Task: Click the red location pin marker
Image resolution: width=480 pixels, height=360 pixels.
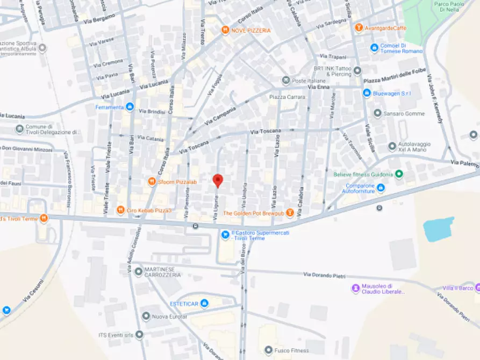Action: (x=217, y=181)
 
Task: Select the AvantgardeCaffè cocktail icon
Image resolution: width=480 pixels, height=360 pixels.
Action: (x=358, y=27)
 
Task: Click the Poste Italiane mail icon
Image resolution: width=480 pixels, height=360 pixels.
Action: (x=285, y=81)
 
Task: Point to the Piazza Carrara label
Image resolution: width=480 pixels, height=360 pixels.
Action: (x=287, y=97)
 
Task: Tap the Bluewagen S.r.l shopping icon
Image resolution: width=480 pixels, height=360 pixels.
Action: (x=367, y=93)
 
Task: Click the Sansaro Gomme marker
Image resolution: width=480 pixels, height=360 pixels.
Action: (x=377, y=113)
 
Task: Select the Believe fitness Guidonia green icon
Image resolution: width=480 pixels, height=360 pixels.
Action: (x=399, y=174)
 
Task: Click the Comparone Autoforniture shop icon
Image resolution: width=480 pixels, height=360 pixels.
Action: (x=381, y=188)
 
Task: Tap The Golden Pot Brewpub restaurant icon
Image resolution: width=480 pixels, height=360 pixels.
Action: (x=290, y=213)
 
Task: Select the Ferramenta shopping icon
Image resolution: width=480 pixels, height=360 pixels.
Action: (x=129, y=106)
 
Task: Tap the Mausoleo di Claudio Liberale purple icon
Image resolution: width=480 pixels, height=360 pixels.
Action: (x=355, y=289)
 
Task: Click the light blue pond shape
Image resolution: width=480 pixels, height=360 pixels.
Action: (x=438, y=229)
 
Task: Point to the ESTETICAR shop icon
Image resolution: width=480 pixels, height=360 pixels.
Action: (x=204, y=304)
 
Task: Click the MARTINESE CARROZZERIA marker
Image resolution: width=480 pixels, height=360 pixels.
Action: (x=138, y=271)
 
